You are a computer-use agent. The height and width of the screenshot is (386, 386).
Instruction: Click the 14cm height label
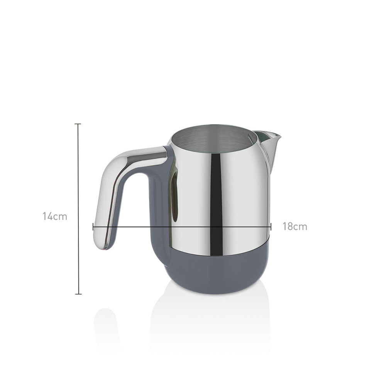coord(55,217)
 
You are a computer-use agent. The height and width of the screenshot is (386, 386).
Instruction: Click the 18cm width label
coord(295,227)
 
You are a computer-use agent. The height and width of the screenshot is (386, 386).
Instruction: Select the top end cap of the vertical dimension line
coord(78,124)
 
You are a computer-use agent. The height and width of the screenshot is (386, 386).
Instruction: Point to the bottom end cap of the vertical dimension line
coord(78,294)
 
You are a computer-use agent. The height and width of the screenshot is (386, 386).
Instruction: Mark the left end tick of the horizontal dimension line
coord(93,227)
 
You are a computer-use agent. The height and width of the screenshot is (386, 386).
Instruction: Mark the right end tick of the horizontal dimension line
coord(271,227)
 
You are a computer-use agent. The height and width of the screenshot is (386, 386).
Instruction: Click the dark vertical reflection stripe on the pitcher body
coord(217,204)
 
